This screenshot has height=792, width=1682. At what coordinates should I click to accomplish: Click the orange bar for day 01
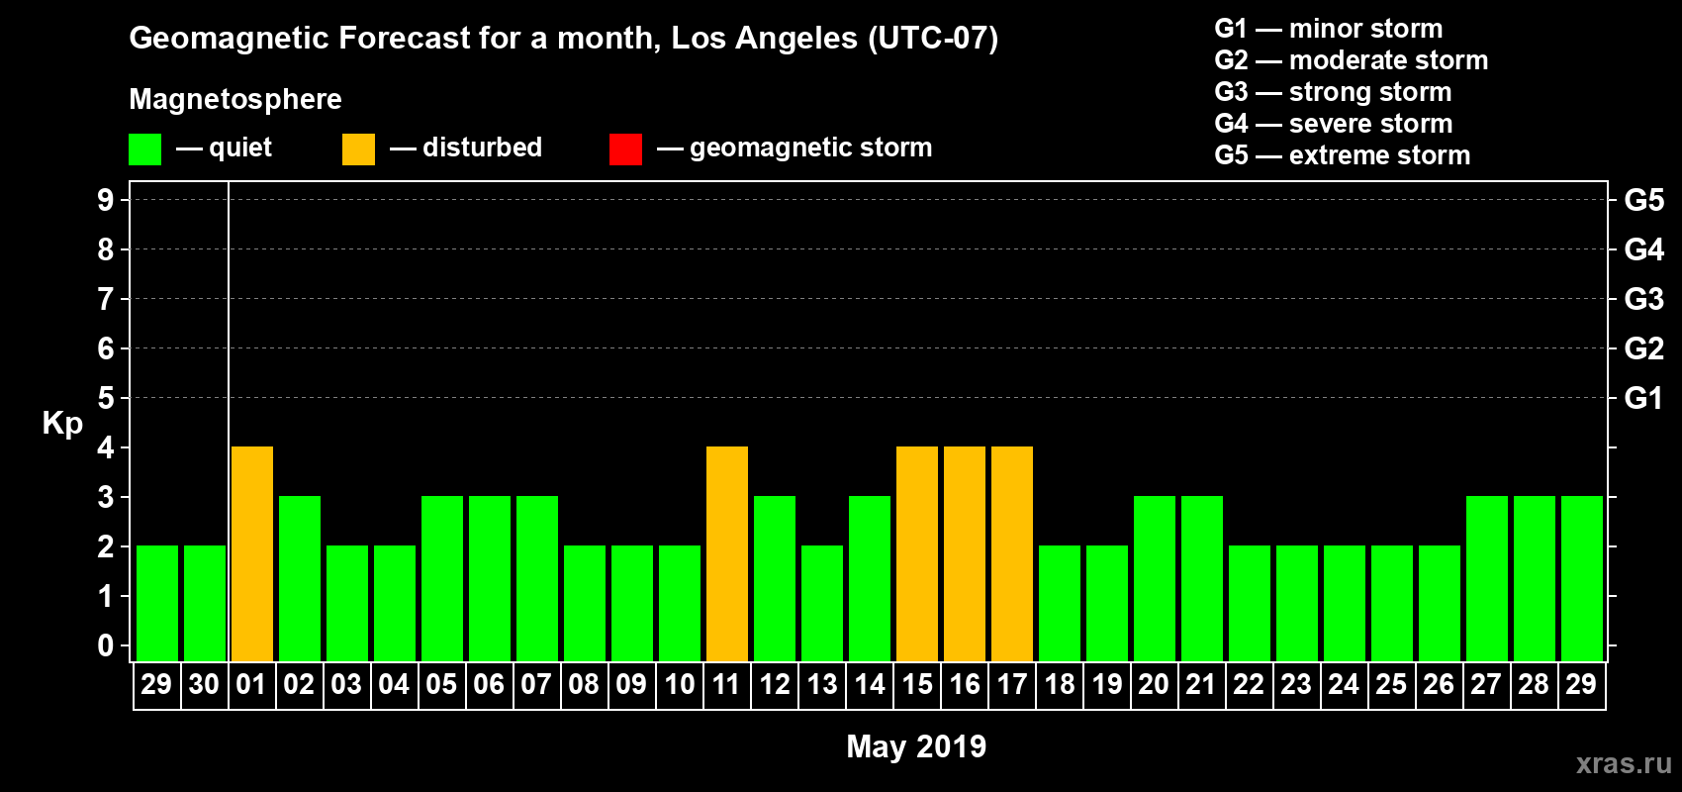[x=252, y=553]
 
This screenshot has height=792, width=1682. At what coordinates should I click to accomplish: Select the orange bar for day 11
[x=727, y=553]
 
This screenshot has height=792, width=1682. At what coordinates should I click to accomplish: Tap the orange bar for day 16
[x=965, y=553]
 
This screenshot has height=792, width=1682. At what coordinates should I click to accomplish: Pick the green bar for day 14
[x=870, y=578]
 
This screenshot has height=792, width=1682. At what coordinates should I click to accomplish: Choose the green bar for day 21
[x=1202, y=578]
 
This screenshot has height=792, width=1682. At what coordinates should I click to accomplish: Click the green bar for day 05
[x=442, y=578]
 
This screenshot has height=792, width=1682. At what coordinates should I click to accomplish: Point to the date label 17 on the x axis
[x=1012, y=684]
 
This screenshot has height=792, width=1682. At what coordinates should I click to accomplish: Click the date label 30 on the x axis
[x=204, y=684]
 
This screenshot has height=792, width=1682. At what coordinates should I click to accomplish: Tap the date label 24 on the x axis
[x=1344, y=684]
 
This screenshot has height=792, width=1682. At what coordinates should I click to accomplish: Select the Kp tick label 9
[x=106, y=200]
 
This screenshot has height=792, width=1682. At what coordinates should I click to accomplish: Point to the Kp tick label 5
[x=106, y=398]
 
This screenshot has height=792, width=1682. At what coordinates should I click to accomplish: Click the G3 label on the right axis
[x=1643, y=299]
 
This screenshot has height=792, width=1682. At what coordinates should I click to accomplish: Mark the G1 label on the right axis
[x=1643, y=398]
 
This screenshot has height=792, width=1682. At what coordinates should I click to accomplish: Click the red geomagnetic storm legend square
[x=625, y=149]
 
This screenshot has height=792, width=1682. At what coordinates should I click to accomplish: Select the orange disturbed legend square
[x=358, y=149]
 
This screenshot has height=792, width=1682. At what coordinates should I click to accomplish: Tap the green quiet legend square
[x=144, y=149]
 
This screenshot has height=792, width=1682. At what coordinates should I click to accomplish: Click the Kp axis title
[x=62, y=424]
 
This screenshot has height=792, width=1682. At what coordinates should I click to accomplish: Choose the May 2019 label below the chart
[x=916, y=746]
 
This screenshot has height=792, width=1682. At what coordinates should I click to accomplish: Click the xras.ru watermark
[x=1624, y=763]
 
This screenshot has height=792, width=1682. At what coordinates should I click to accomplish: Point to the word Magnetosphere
[x=235, y=99]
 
